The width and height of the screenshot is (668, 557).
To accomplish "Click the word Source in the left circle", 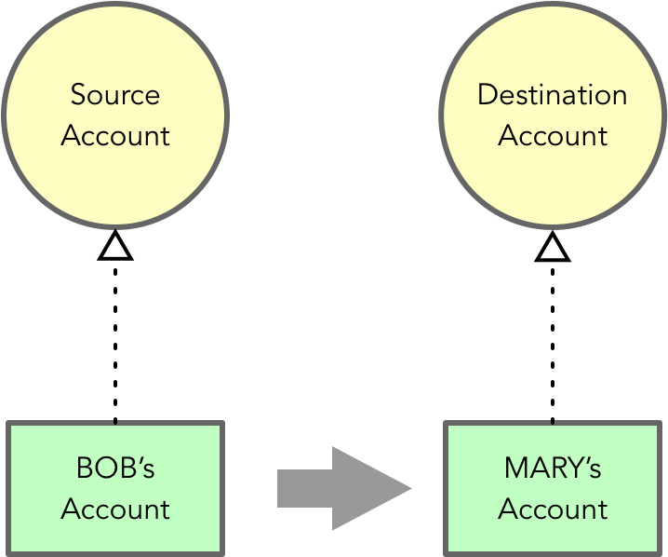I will coord(115,95).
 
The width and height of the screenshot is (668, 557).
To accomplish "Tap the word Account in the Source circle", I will coord(115,136).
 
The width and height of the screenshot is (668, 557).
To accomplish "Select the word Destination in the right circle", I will coord(553,95).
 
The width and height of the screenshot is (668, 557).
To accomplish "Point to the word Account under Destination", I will coord(553,136).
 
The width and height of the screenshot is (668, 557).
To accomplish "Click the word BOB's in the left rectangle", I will coord(115,468).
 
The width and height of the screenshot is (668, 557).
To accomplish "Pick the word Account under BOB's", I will coord(115,509).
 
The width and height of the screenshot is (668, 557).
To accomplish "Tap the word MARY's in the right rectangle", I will coord(553,468).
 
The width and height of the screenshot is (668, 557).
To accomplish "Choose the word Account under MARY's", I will coord(553,509).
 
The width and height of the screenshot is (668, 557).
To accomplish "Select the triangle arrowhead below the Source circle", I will coord(115,246).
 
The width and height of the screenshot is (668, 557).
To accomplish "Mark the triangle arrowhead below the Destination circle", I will coord(553,246).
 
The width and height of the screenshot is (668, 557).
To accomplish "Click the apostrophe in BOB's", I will coord(140,460).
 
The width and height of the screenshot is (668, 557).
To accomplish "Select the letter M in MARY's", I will coord(515,468).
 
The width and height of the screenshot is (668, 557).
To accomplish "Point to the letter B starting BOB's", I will coord(84,468).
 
